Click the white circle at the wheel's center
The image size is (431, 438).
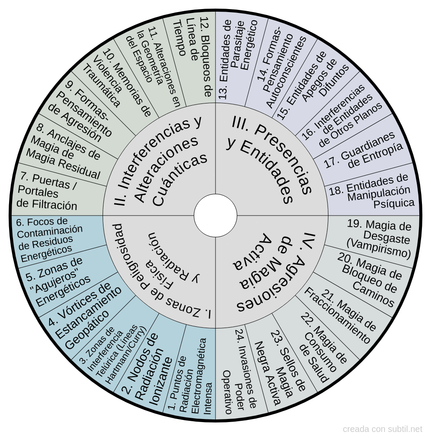tap(215, 216)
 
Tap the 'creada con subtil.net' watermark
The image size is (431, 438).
tap(382, 429)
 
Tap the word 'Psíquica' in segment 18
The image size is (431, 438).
tap(394, 203)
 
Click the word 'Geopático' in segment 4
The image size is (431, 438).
tap(87, 330)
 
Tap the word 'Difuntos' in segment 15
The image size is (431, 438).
tap(334, 81)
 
